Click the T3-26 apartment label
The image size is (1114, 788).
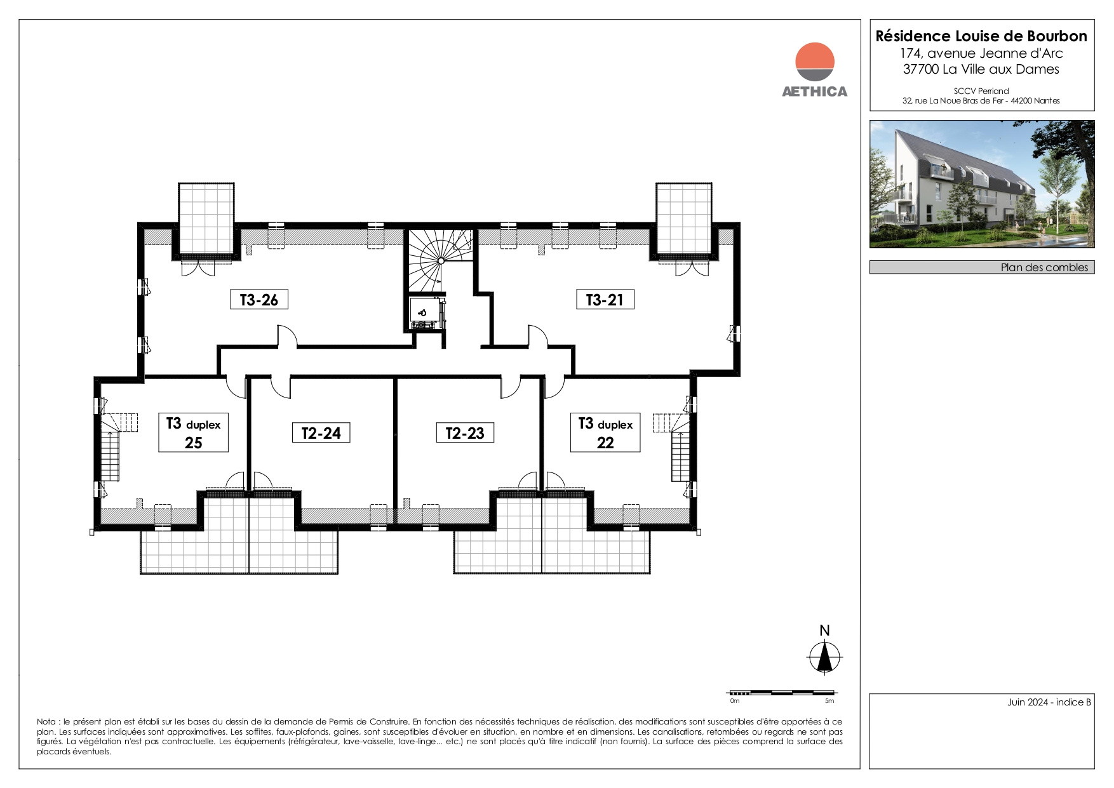(x=259, y=300)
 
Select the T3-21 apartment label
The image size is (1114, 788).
(x=605, y=300)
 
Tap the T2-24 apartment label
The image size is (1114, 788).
(x=321, y=433)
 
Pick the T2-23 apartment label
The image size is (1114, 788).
(x=465, y=433)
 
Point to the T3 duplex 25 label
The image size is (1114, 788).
(x=193, y=432)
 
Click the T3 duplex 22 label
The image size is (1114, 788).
(x=605, y=432)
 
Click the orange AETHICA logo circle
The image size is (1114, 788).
(x=815, y=62)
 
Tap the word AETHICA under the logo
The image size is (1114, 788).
(x=815, y=91)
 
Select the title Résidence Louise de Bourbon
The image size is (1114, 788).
(x=981, y=36)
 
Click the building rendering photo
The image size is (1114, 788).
(x=982, y=184)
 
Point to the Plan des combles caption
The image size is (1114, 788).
(x=1045, y=267)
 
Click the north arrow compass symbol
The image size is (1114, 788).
(x=825, y=657)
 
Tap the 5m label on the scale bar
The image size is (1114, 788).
(x=829, y=701)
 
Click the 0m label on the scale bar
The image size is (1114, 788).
(x=735, y=701)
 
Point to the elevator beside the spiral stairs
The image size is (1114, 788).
(x=426, y=313)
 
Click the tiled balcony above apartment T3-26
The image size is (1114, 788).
(x=205, y=218)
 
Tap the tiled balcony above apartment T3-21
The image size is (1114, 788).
(x=684, y=218)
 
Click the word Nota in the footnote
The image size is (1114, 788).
(x=46, y=722)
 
